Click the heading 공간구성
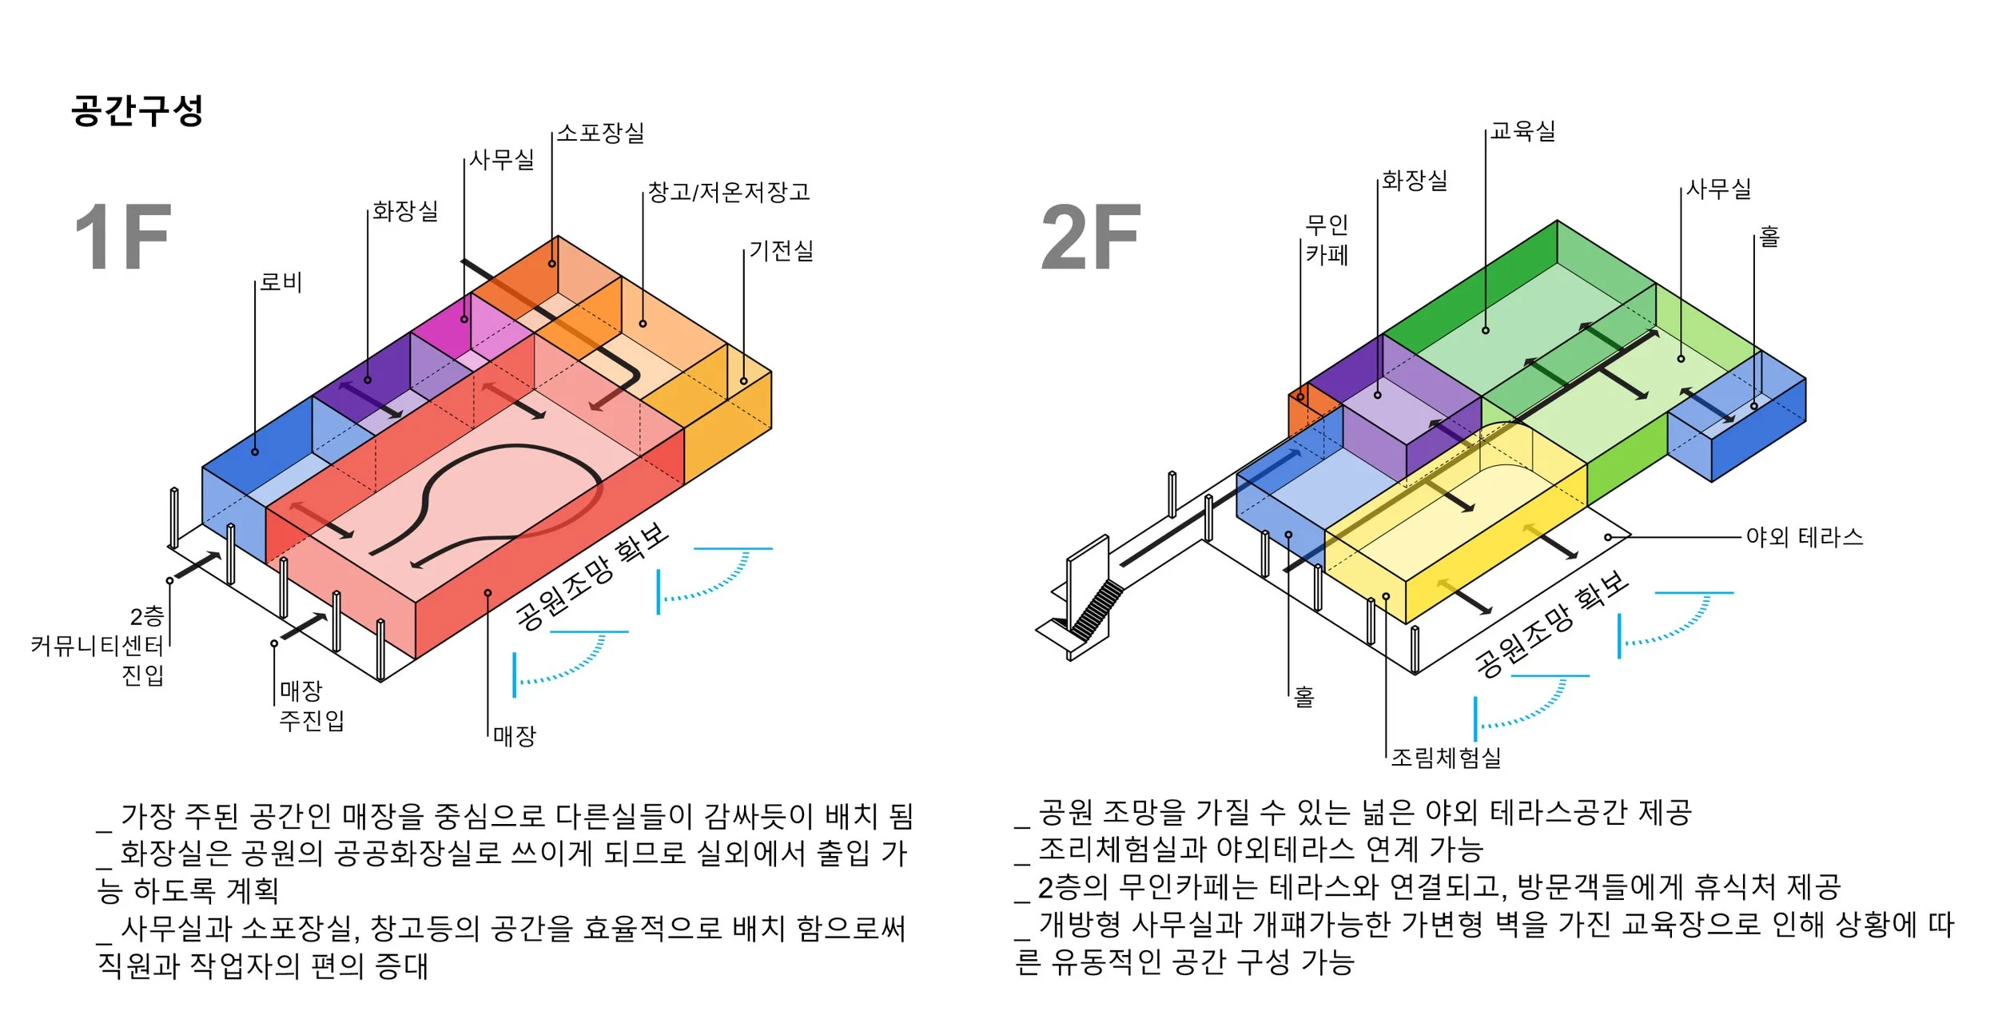137,110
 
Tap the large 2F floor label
1090,237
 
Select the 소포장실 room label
600,133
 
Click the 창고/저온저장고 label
729,192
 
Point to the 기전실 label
781,251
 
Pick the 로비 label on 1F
281,282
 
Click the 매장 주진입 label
311,705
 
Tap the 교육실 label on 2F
1522,131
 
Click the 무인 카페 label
1327,240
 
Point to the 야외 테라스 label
1804,537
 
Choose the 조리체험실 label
1446,757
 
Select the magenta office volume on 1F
448,324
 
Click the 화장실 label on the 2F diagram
1415,181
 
